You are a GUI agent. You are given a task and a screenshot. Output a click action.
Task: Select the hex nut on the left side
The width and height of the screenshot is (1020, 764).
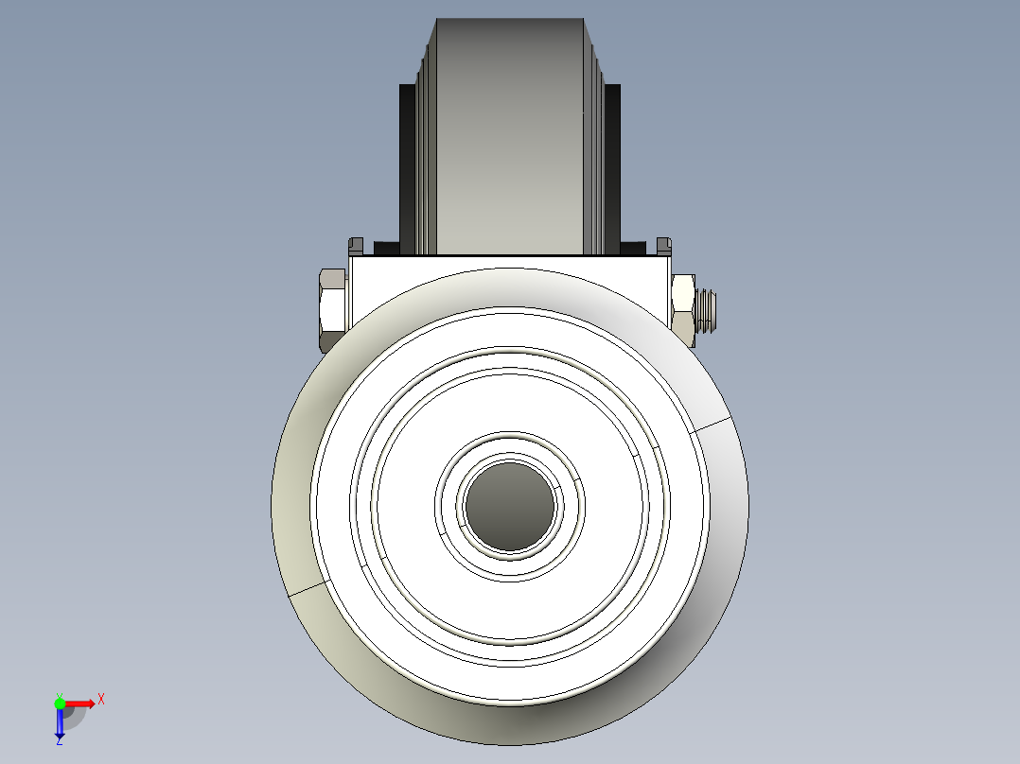[x=332, y=309]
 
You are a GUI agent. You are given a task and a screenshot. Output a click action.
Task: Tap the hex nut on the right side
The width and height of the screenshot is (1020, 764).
[x=683, y=309]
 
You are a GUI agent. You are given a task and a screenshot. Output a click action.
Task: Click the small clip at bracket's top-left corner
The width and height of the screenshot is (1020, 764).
[x=356, y=246]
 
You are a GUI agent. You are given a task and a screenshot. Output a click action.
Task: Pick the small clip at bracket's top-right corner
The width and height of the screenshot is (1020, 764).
[x=663, y=246]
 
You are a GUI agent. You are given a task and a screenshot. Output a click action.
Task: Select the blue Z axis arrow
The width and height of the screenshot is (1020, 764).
[x=60, y=723]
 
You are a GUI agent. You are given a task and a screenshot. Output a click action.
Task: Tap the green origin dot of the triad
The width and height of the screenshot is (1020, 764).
[x=60, y=703]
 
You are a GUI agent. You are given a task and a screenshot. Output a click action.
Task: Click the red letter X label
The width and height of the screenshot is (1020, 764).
[x=101, y=700]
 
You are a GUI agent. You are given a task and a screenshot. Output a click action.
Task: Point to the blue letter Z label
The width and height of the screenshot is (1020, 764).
[x=59, y=742]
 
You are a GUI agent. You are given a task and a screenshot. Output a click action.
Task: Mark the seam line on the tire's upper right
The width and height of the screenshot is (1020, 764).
[x=712, y=423]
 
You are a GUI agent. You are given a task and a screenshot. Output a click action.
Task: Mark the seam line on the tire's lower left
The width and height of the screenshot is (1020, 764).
[x=307, y=588]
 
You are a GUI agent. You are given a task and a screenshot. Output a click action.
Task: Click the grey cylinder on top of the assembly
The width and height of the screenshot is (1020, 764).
[x=509, y=132]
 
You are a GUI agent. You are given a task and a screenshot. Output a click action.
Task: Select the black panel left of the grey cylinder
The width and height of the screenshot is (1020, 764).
[x=407, y=165]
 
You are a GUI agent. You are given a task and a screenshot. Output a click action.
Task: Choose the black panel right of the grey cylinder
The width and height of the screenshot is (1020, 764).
[x=612, y=165]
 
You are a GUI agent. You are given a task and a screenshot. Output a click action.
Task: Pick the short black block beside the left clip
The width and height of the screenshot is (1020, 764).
[x=386, y=249]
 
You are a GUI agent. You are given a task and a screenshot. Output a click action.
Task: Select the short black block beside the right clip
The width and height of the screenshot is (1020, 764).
[x=633, y=249]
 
